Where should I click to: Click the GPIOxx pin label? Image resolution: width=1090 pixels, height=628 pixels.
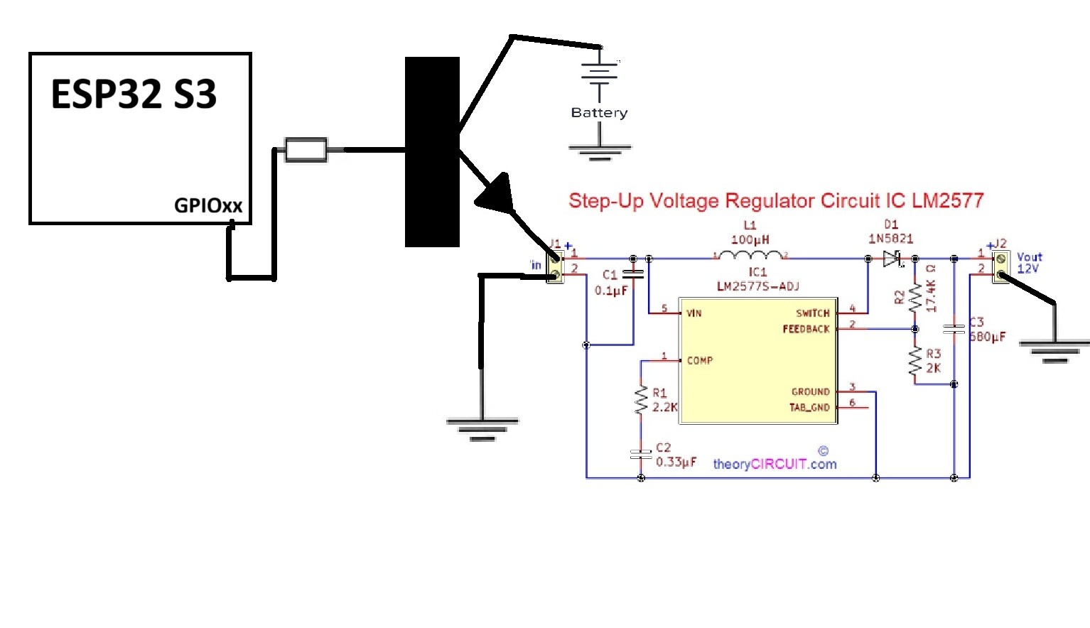click(x=208, y=206)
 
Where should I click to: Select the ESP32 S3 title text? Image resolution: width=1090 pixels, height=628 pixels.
click(x=134, y=94)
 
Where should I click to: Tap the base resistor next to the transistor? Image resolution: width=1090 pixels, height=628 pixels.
click(x=306, y=150)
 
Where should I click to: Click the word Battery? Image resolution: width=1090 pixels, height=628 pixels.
click(x=599, y=112)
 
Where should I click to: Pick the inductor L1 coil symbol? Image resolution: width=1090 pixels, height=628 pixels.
click(x=750, y=255)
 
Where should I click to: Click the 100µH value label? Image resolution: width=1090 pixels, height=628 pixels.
click(x=750, y=240)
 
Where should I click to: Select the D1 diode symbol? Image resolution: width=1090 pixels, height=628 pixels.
click(x=892, y=259)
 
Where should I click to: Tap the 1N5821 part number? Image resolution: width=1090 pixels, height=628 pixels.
click(x=890, y=239)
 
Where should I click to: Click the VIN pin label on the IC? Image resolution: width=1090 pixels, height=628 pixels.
click(x=694, y=313)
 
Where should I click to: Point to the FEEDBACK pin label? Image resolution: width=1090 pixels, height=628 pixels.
click(x=806, y=329)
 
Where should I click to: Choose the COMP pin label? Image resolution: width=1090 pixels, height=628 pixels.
click(x=700, y=361)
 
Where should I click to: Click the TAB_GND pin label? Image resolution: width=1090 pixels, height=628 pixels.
click(x=809, y=408)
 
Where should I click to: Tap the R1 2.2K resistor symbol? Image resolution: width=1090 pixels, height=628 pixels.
click(x=641, y=400)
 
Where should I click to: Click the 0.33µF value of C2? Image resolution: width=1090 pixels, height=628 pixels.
click(x=676, y=462)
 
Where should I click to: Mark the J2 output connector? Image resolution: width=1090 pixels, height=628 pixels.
click(x=1000, y=266)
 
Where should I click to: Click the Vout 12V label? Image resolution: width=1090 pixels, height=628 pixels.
click(x=1029, y=263)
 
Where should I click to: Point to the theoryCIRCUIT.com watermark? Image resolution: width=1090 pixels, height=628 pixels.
click(x=775, y=464)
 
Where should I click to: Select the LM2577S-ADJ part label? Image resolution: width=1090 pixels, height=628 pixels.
click(x=757, y=286)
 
